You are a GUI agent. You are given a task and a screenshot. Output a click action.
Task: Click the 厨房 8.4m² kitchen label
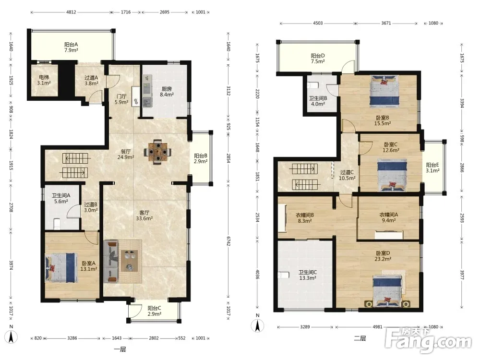tap(167, 92)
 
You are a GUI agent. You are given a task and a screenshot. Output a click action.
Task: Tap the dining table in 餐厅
tap(157, 152)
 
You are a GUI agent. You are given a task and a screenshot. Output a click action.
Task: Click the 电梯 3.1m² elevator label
tap(44, 80)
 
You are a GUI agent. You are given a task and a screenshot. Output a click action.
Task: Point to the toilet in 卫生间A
tap(57, 224)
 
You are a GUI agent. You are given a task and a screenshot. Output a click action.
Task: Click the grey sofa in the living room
tap(110, 262)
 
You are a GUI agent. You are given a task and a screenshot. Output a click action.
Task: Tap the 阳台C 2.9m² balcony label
tap(154, 311)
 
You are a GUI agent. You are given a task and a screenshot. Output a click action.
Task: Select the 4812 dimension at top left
tap(71, 12)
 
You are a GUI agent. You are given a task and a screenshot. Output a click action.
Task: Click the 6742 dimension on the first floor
tap(228, 240)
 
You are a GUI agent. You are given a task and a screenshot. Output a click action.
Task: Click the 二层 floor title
tap(360, 338)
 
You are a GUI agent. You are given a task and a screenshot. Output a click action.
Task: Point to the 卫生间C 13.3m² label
tap(308, 275)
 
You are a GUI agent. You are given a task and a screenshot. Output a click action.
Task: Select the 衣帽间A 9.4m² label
tap(388, 217)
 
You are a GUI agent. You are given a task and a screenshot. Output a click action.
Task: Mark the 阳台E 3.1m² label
tap(432, 168)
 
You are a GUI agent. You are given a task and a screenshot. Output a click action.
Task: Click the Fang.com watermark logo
tap(428, 339)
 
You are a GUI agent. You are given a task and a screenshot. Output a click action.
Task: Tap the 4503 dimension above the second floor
tap(318, 23)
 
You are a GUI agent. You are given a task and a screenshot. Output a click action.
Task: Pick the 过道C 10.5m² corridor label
tap(347, 175)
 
